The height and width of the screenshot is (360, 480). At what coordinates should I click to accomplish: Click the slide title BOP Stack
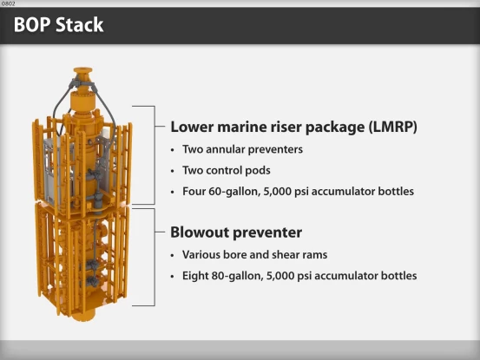click(58, 25)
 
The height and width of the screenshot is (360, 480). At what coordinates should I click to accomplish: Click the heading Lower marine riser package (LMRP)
click(293, 127)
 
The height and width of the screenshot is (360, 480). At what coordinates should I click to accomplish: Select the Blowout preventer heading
click(235, 232)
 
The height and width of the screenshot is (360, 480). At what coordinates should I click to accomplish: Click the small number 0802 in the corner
click(10, 3)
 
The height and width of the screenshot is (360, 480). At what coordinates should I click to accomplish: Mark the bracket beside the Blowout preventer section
click(155, 256)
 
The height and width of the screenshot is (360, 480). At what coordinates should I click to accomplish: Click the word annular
click(224, 149)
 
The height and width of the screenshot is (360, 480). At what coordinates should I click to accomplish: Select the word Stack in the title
click(80, 25)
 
